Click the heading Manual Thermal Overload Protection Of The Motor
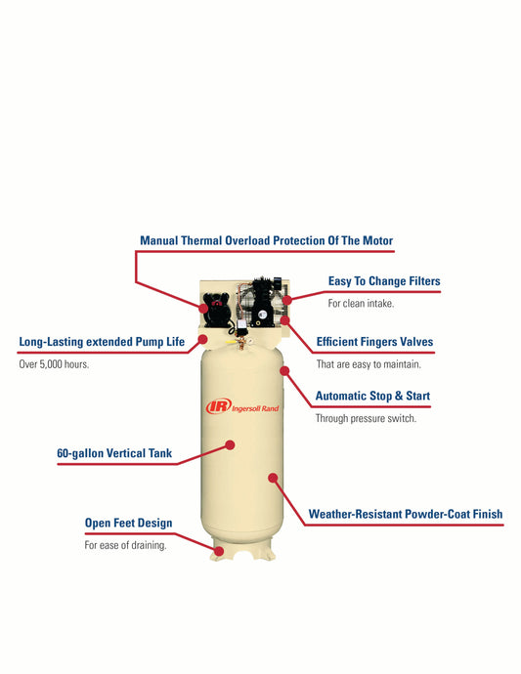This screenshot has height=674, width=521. (x=266, y=240)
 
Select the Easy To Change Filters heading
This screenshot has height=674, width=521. (x=384, y=281)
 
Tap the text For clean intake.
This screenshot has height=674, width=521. (x=361, y=304)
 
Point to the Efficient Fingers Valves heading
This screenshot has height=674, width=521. (x=374, y=342)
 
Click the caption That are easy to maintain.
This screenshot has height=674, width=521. (x=369, y=364)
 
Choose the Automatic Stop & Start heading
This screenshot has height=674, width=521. (x=372, y=396)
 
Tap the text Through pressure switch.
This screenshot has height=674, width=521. (x=366, y=419)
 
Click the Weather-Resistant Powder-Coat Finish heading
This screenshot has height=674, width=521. (x=406, y=514)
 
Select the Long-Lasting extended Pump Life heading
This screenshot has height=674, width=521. (x=102, y=342)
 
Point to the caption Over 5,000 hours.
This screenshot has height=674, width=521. (x=54, y=364)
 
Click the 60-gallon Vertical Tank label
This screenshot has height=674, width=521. (x=114, y=453)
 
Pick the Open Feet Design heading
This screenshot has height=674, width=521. (x=128, y=523)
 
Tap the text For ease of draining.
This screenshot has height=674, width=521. (x=125, y=545)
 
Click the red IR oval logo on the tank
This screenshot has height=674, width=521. (x=219, y=405)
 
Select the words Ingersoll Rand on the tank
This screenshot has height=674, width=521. (x=255, y=408)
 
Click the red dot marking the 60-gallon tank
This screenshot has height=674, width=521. (x=230, y=444)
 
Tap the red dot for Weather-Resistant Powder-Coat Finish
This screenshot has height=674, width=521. (x=273, y=478)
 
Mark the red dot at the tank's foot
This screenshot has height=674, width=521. (x=219, y=551)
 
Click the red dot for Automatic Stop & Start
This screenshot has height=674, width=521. (x=284, y=370)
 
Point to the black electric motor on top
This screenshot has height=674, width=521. (x=216, y=308)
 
